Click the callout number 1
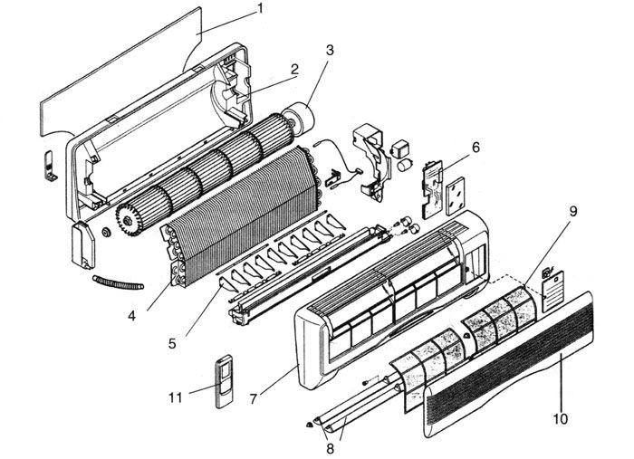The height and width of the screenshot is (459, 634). [261, 8]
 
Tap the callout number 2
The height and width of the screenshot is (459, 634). [294, 69]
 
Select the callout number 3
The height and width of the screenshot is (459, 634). [330, 51]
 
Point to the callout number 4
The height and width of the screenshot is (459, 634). [132, 316]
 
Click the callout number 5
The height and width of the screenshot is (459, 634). [172, 344]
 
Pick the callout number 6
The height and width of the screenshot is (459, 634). [475, 148]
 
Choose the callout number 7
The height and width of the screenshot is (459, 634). [253, 399]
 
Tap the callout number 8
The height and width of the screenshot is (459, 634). [331, 448]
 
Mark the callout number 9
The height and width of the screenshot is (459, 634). [573, 211]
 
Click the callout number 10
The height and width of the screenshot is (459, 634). [561, 418]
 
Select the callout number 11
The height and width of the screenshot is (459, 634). [176, 398]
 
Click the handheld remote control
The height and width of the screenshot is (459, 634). [224, 381]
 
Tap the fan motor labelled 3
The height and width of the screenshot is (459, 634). [300, 117]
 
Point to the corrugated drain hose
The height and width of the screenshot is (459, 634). [118, 282]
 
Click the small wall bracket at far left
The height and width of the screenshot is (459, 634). [50, 166]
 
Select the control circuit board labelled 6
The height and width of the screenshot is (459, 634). [432, 189]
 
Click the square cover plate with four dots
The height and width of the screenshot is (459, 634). [456, 196]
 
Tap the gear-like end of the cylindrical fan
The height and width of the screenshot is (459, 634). [129, 220]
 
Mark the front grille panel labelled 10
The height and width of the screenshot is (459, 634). [509, 364]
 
